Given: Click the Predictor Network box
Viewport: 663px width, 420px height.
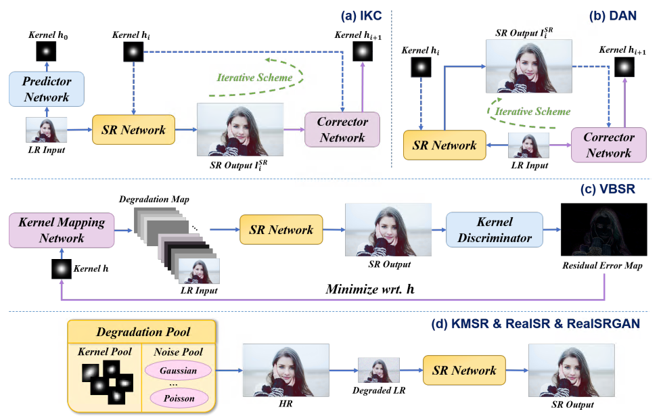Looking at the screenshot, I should [x=47, y=89].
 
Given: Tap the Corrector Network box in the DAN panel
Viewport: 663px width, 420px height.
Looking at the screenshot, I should [x=609, y=145].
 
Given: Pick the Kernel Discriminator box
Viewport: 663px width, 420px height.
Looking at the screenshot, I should [x=495, y=230].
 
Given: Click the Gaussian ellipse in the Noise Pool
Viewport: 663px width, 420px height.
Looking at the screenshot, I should [x=178, y=371].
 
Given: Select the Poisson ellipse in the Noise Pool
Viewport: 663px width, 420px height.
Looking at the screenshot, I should [x=178, y=398].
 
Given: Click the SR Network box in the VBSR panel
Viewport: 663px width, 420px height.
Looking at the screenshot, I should [x=281, y=230].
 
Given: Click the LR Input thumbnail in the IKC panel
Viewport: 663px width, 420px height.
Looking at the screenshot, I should [x=47, y=129].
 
